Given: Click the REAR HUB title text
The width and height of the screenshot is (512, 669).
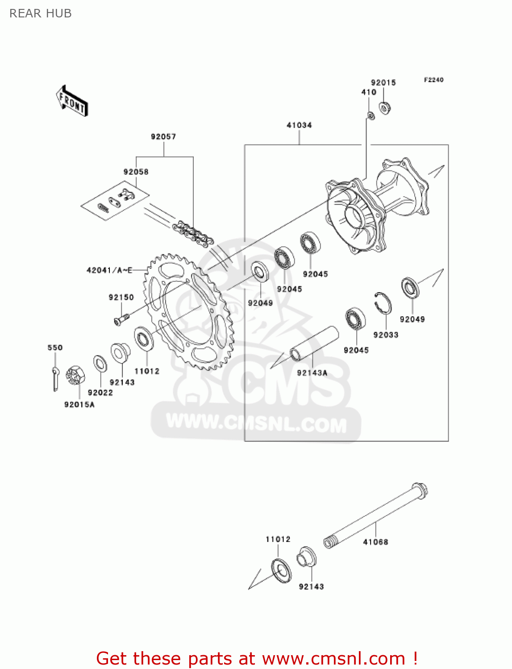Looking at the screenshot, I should click(x=40, y=14).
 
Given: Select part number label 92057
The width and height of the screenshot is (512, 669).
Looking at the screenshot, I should click(x=163, y=137).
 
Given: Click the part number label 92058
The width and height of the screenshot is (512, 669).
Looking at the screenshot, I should click(x=136, y=172).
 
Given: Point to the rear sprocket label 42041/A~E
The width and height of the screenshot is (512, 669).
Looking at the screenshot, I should click(x=109, y=270).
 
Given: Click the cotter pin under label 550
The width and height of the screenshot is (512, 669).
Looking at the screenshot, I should click(x=55, y=378).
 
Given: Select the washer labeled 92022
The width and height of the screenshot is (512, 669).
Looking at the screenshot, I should click(x=100, y=364).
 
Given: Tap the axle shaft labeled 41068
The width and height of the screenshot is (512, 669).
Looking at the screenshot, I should click(x=375, y=517).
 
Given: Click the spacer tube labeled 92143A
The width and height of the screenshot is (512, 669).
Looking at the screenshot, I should click(x=314, y=343).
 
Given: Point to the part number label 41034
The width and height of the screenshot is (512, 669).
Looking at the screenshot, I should click(x=299, y=125).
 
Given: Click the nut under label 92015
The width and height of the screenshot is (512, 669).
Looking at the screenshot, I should click(x=385, y=108).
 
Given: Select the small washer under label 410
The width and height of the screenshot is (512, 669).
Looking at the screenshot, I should click(x=370, y=116).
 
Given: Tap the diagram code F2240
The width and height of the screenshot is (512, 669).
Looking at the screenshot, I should click(x=433, y=80).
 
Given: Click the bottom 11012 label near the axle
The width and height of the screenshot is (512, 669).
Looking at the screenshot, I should click(x=278, y=539).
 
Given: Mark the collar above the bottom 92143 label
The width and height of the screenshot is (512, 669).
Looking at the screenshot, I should click(x=306, y=557).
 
